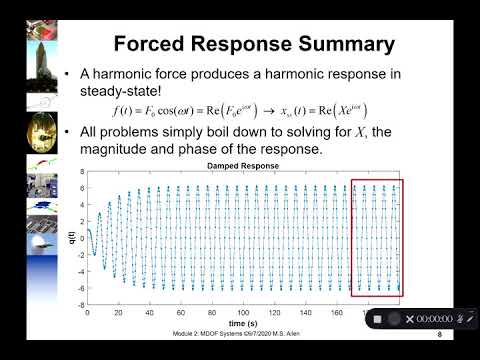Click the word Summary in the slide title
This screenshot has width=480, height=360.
pos(338,44)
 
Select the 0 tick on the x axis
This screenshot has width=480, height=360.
pos(88,313)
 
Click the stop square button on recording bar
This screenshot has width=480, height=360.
pos(378,318)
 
